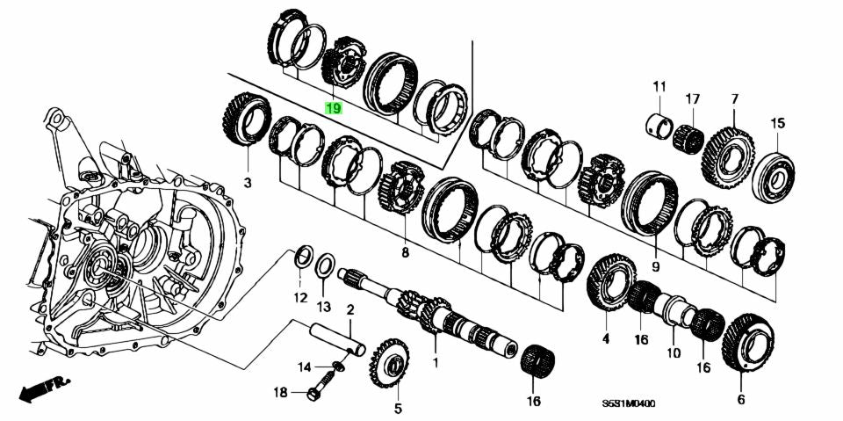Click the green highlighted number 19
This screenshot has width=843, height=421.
click(x=334, y=109)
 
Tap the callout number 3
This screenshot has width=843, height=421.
click(x=247, y=183)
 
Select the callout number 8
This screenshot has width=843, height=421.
click(x=405, y=253)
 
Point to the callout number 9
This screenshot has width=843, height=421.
click(x=655, y=265)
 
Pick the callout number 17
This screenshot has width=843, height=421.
click(x=693, y=98)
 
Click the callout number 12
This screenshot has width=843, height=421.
click(x=300, y=297)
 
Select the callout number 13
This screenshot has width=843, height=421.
click(x=324, y=306)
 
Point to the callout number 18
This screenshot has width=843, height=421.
click(x=281, y=393)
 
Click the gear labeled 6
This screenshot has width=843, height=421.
click(x=745, y=343)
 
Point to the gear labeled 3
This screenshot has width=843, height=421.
click(x=247, y=120)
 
